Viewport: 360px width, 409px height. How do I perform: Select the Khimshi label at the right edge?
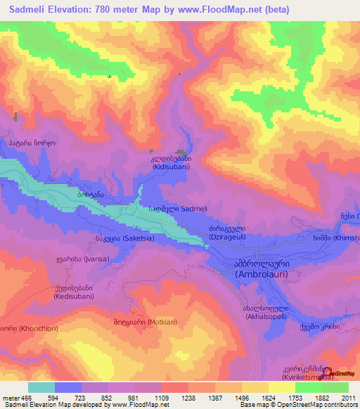coord(346,238)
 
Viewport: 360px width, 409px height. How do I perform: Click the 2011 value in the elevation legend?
coord(348,397)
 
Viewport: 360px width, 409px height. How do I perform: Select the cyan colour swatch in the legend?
coord(41,387)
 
